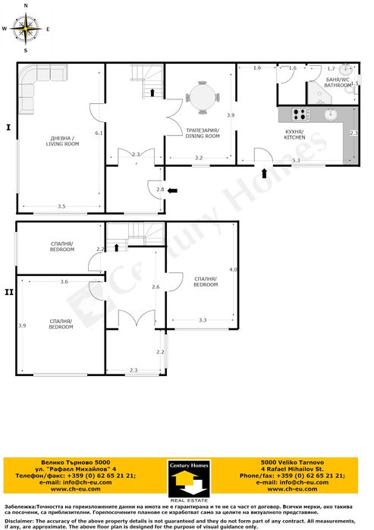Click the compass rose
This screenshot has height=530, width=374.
pyautogui.click(x=27, y=28)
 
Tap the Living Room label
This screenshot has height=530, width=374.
pyautogui.click(x=62, y=140)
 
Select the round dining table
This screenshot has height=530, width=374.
pyautogui.click(x=203, y=97)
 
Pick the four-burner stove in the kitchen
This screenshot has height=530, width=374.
pyautogui.click(x=298, y=114)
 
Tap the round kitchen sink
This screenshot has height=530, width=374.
pyautogui.click(x=331, y=115)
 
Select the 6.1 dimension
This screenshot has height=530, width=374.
pyautogui.click(x=99, y=133)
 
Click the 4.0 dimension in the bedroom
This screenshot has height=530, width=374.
pyautogui.click(x=233, y=270)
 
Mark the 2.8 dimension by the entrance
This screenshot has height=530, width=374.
pyautogui.click(x=159, y=189)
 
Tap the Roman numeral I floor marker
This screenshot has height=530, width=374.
pyautogui.click(x=8, y=127)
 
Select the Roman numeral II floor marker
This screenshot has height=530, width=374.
pyautogui.click(x=8, y=289)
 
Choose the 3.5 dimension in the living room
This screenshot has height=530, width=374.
pyautogui.click(x=61, y=205)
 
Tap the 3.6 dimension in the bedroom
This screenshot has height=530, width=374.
pyautogui.click(x=64, y=281)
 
